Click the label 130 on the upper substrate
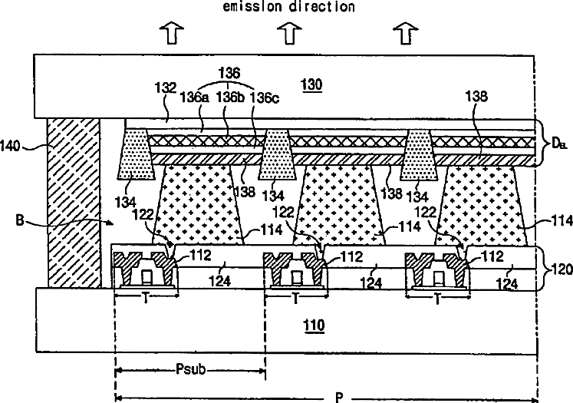point(311,85)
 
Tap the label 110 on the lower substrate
point(314,325)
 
